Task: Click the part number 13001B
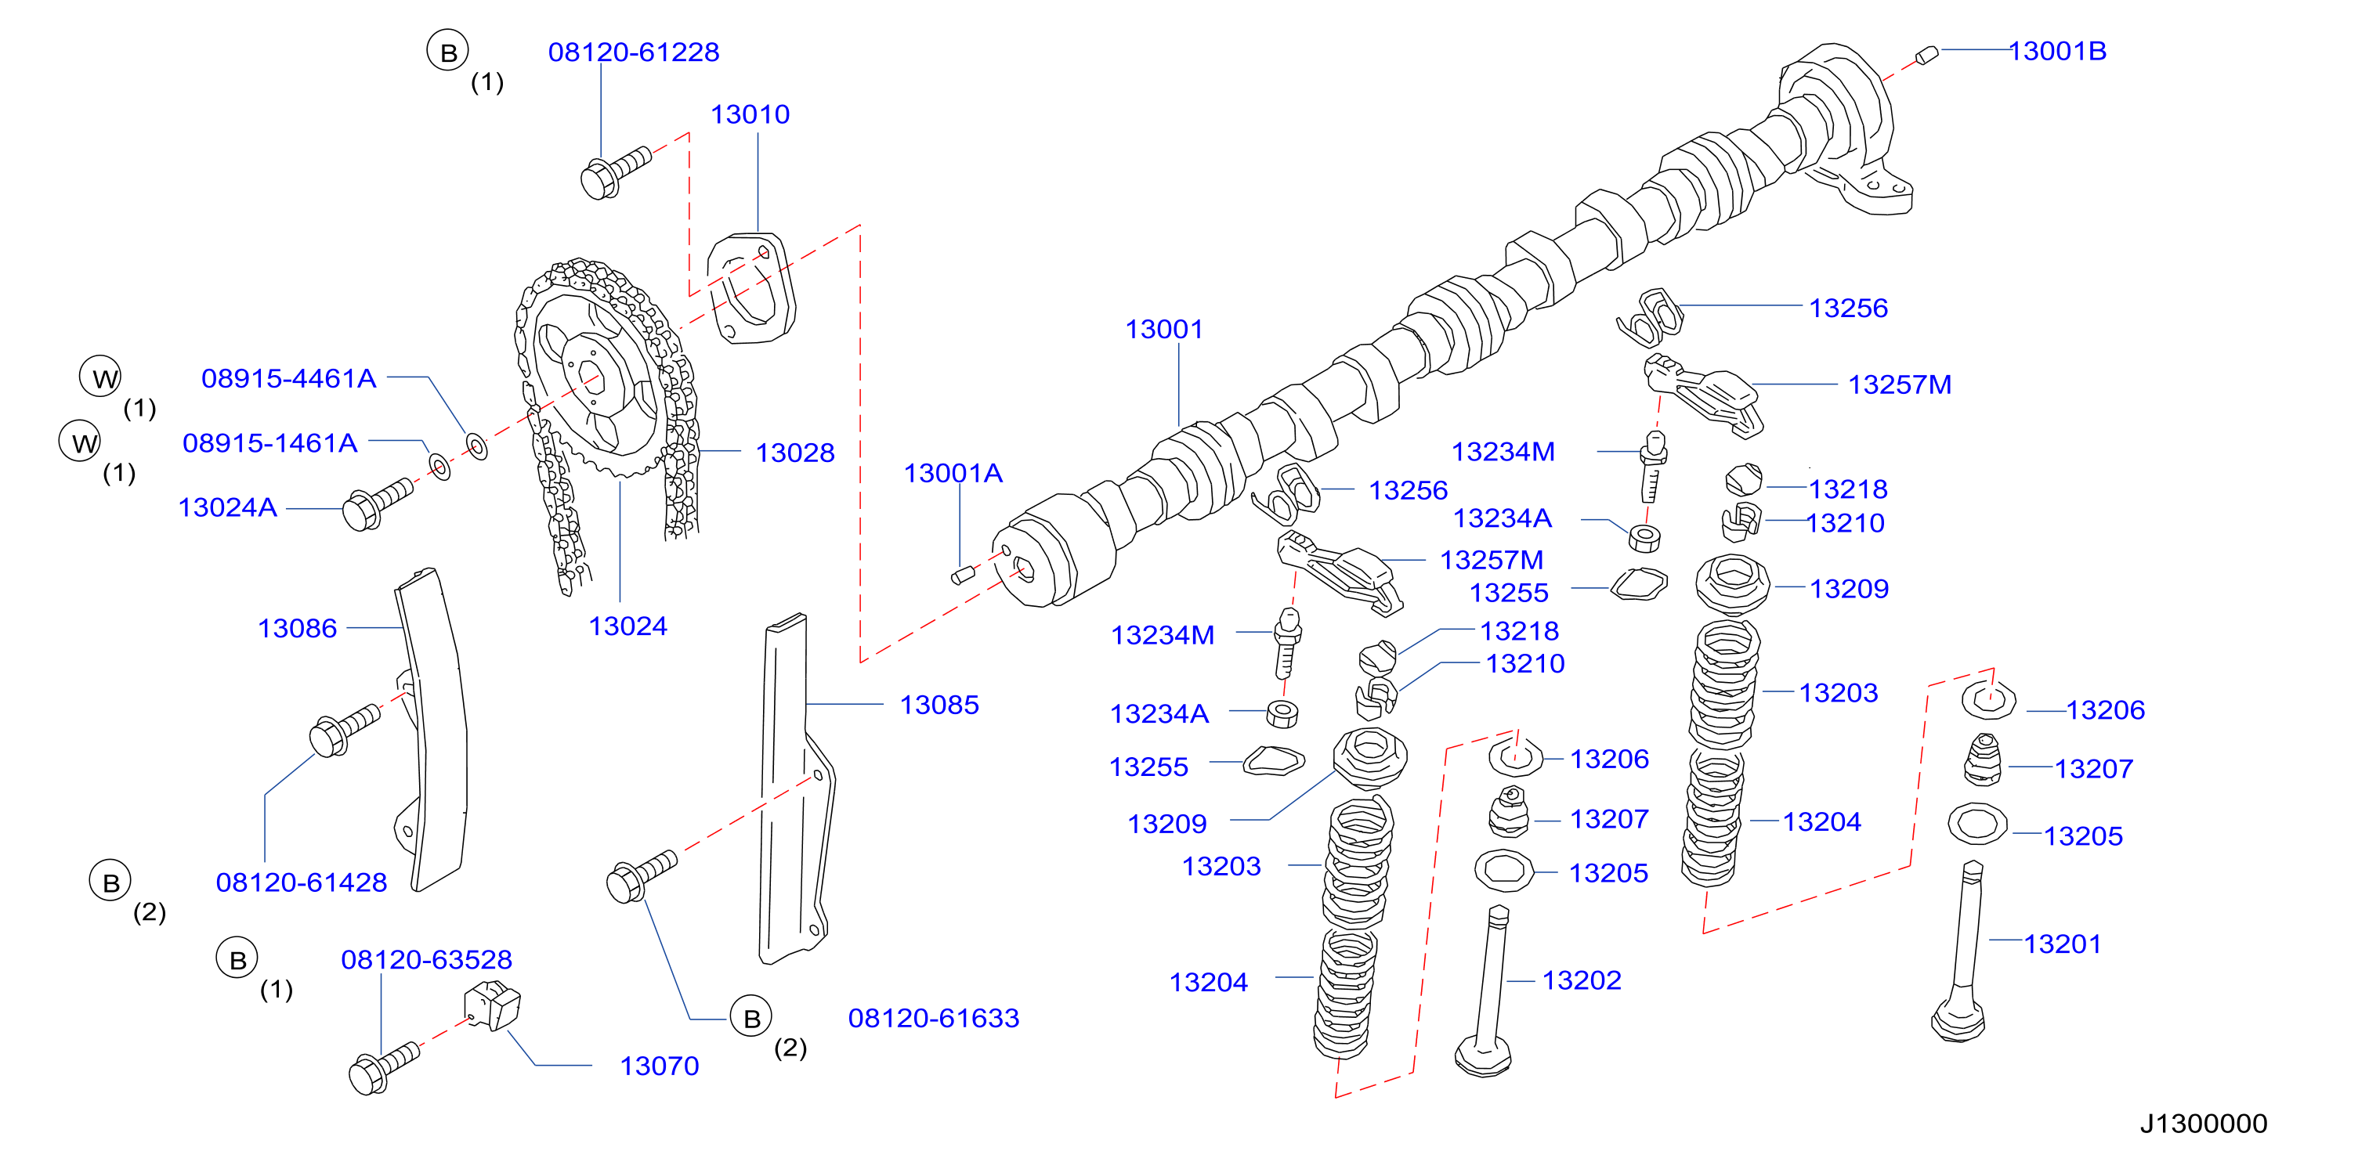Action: coord(2057,51)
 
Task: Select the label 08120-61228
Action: coord(634,52)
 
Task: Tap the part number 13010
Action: coord(750,114)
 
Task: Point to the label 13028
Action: coord(794,453)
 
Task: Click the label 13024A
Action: coord(227,508)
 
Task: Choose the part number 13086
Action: coord(297,629)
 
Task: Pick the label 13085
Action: coord(939,705)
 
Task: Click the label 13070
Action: coord(659,1066)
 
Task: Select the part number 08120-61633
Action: coord(934,1019)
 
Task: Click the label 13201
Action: coord(2063,944)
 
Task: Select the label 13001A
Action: coord(953,473)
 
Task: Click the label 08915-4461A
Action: coord(288,379)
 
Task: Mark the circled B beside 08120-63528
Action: coord(237,959)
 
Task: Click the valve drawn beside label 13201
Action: coord(1961,951)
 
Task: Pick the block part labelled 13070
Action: coord(493,1005)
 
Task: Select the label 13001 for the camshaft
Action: coord(1163,330)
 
